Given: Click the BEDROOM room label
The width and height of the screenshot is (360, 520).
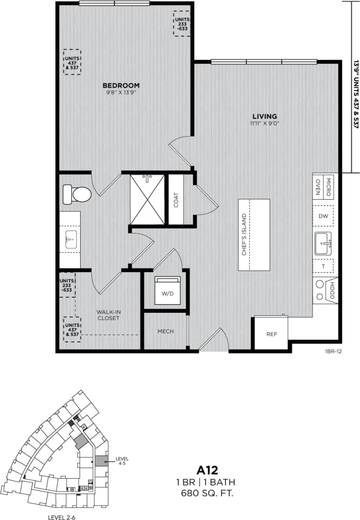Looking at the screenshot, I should pos(121,85).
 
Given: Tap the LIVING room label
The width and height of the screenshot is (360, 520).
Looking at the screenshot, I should pos(265,116).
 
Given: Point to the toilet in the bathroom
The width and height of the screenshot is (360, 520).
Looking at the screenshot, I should pos(76,194).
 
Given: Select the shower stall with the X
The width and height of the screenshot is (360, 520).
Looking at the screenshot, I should pos(147,199).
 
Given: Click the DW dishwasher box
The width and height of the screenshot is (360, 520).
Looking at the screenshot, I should pos(323,216).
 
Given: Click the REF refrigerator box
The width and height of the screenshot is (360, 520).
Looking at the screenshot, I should pos(271,334).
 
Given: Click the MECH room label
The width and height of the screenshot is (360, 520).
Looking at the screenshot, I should pos(166,331).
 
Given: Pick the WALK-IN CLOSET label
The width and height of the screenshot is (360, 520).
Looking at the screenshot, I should pos(108,315).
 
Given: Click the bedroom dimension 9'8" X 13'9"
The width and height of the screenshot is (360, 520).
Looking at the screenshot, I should pos(121,93).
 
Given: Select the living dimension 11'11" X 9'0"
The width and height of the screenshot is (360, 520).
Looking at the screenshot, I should pos(265,124).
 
